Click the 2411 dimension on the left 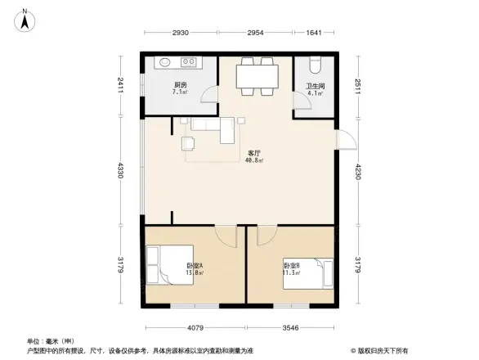(x=120, y=84)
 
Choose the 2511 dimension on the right (x=357, y=87)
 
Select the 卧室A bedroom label (x=195, y=266)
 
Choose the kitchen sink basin (x=163, y=62)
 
